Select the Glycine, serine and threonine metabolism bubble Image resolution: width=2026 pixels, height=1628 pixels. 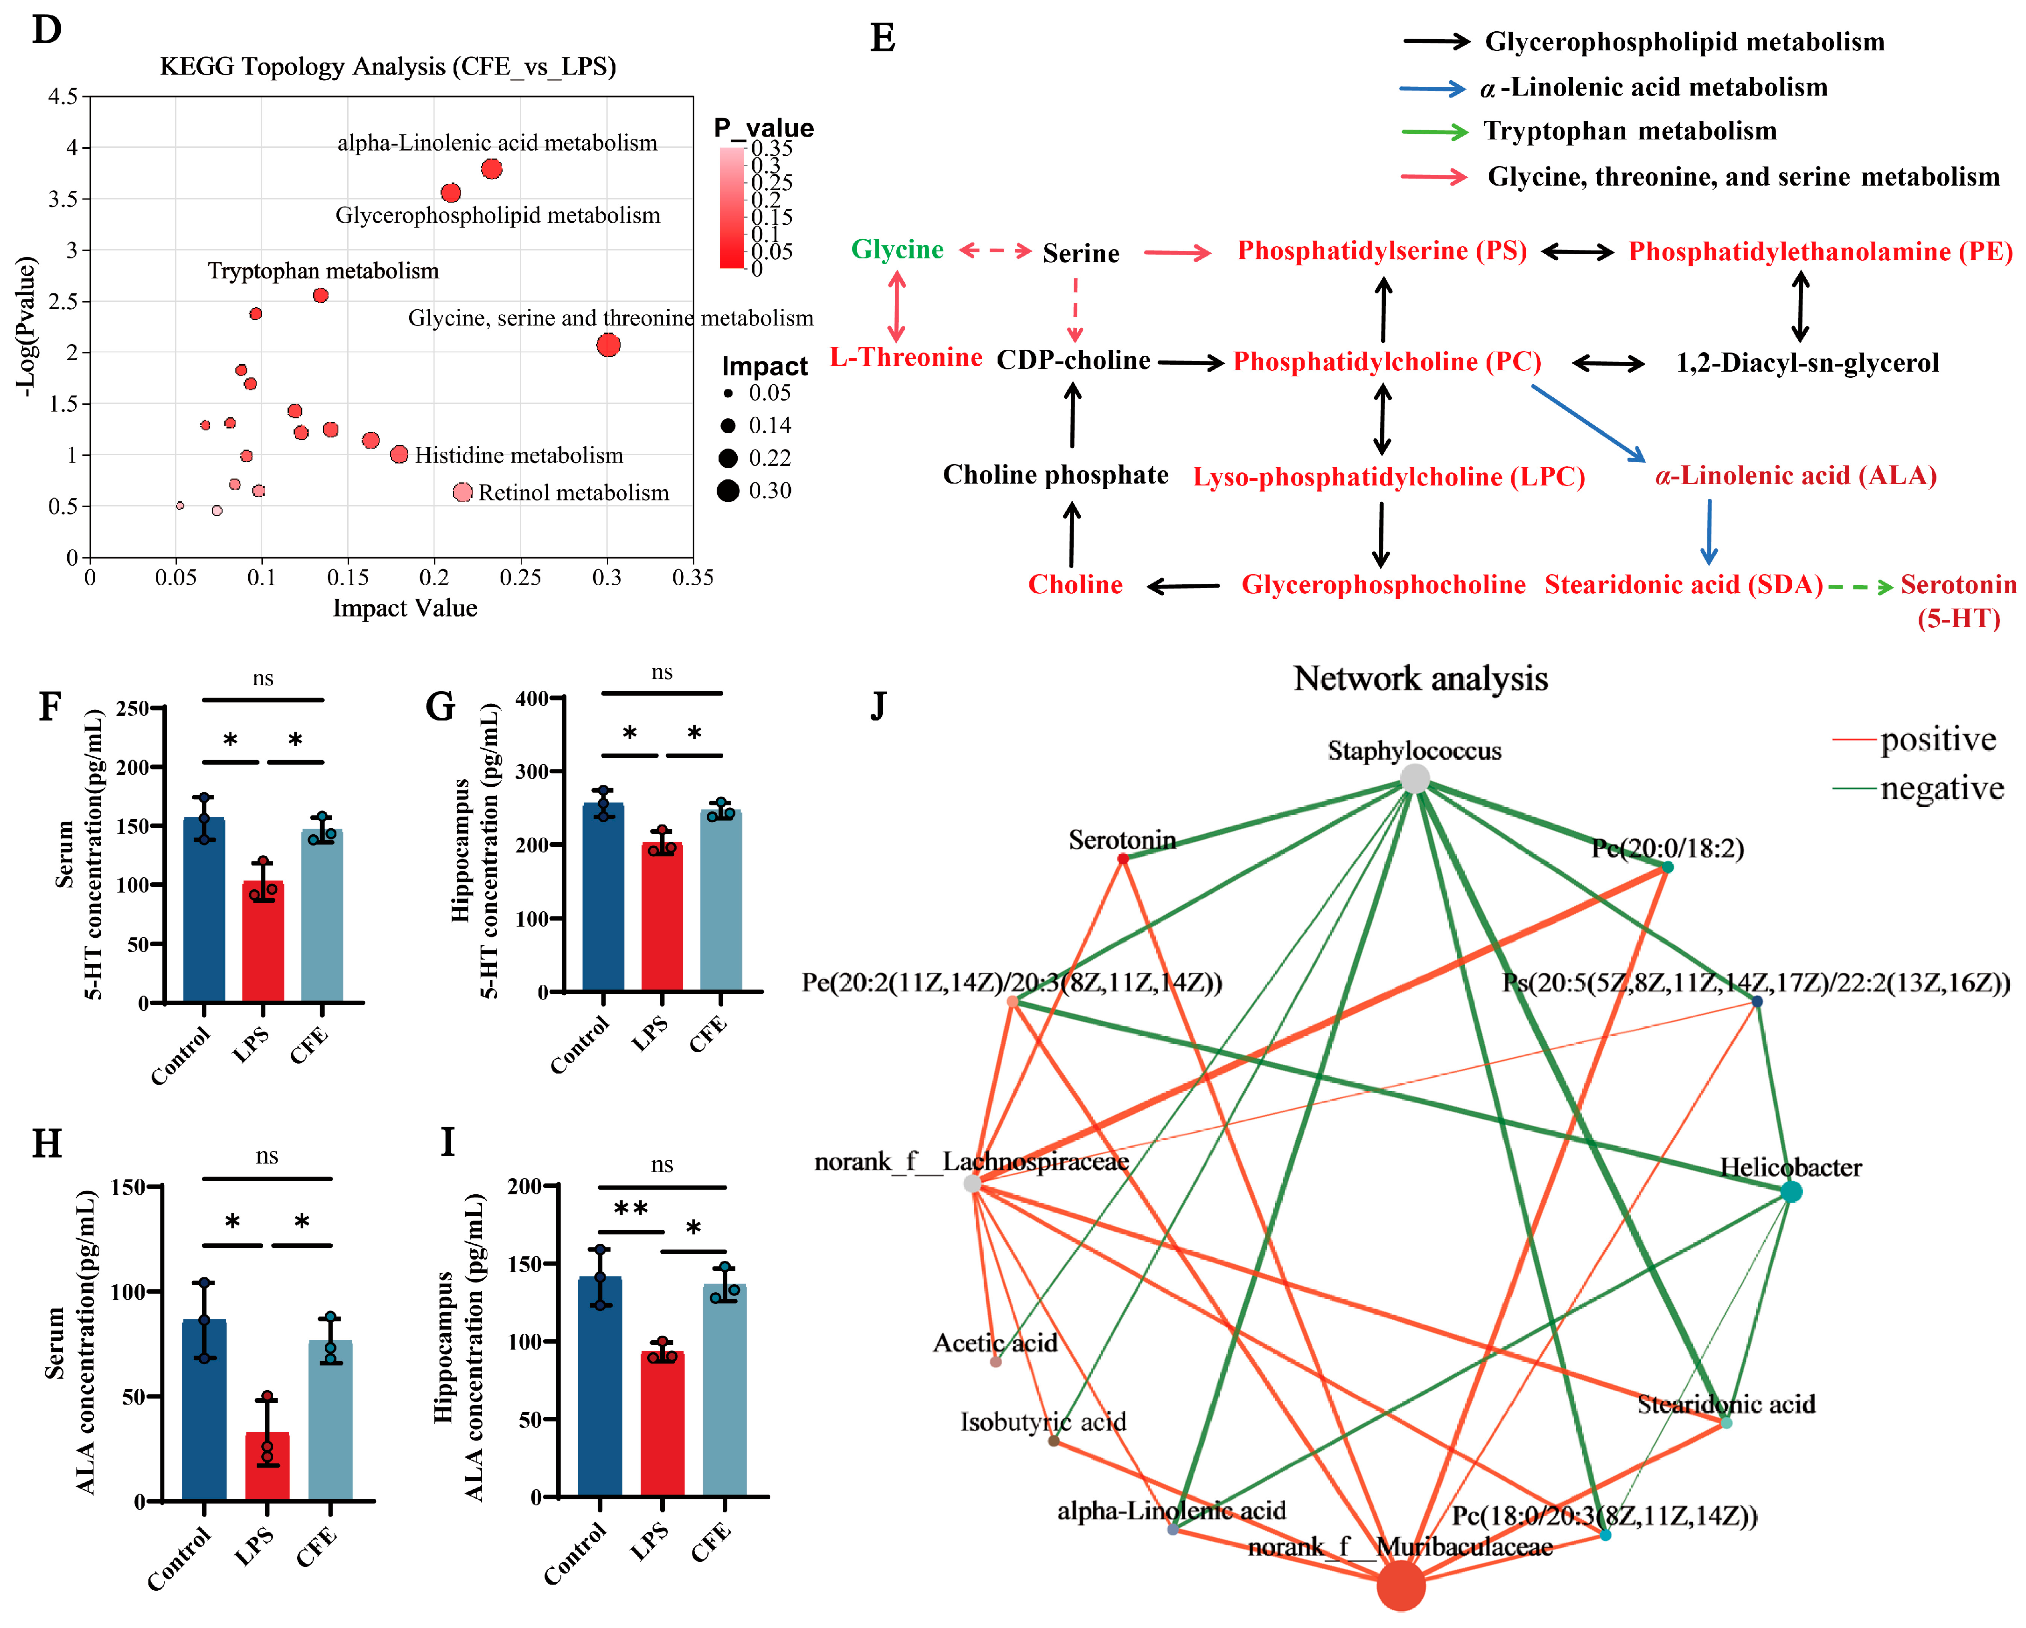608,345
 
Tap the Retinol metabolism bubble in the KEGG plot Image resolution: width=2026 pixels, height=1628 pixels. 462,492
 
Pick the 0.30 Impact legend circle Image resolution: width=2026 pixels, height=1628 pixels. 728,491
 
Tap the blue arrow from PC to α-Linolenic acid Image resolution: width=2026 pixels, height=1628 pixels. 1588,423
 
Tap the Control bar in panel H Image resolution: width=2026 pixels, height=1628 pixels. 204,1409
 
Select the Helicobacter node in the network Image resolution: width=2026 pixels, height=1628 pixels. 1791,1191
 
